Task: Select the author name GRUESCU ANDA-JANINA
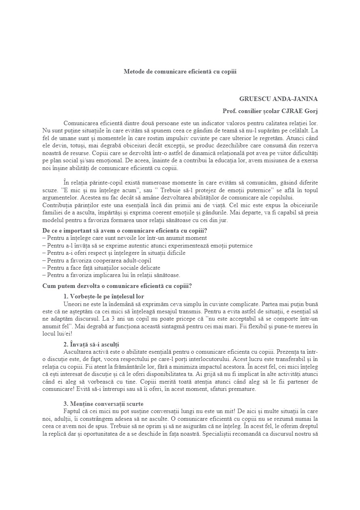click(278, 99)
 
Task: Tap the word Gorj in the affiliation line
click(310, 111)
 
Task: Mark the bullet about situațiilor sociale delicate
click(103, 268)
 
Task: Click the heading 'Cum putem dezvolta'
click(117, 286)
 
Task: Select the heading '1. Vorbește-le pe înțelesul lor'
click(104, 296)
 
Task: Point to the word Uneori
click(73, 304)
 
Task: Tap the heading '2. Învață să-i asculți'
click(91, 344)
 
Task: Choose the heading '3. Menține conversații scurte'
click(103, 404)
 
